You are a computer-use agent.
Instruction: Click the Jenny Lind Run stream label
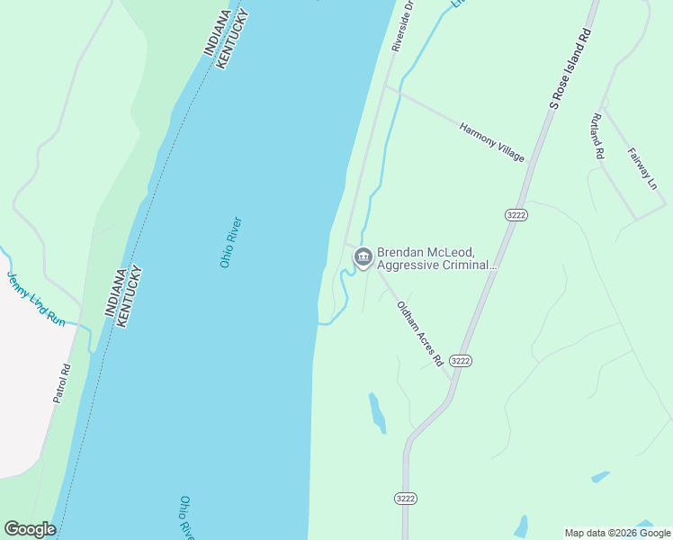(36, 299)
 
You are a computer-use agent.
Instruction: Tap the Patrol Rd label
(61, 382)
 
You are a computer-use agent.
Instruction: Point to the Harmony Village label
(491, 142)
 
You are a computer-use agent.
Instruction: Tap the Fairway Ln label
(642, 168)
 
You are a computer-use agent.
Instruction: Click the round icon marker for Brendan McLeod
(363, 258)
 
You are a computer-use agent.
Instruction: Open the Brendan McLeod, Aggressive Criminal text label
(436, 258)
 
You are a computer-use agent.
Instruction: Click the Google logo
(30, 529)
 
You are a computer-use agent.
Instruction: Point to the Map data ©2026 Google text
(618, 533)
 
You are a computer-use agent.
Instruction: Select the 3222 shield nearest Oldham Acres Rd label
(461, 360)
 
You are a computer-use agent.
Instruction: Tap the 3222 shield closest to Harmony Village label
(516, 214)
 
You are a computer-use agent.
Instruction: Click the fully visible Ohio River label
(231, 242)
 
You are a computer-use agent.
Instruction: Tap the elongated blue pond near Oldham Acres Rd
(378, 412)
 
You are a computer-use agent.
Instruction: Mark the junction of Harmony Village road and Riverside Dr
(386, 87)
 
